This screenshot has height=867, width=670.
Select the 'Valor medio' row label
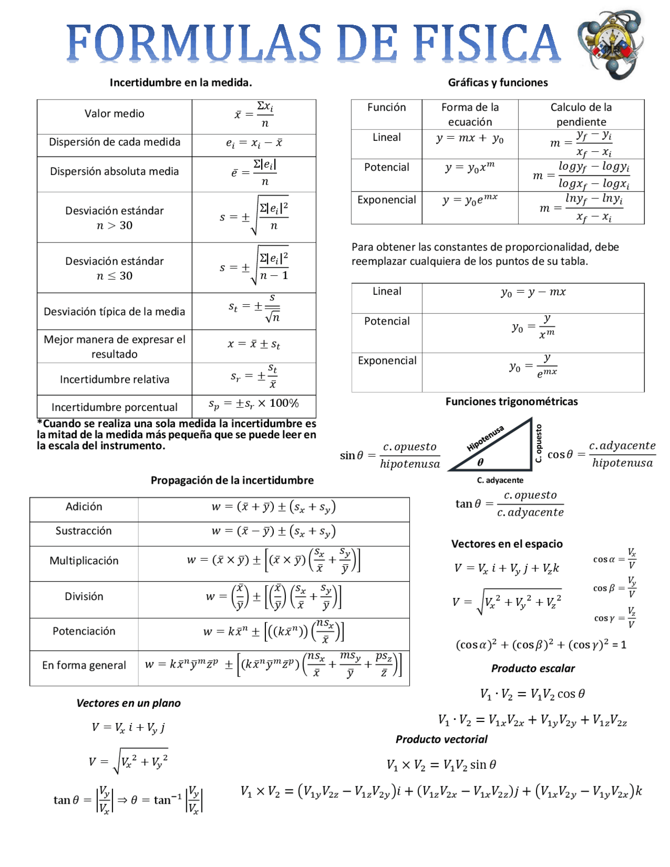(x=114, y=114)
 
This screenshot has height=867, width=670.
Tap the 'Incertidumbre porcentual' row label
(x=114, y=407)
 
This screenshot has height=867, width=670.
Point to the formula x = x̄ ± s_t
(x=254, y=344)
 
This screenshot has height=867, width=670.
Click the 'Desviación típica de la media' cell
(x=114, y=312)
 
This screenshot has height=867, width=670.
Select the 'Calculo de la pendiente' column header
(x=580, y=114)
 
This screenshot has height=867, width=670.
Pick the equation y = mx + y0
(x=470, y=139)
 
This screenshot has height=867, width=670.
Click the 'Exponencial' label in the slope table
(x=386, y=200)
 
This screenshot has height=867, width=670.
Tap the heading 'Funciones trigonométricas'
(x=511, y=402)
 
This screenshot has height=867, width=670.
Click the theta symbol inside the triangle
(x=480, y=462)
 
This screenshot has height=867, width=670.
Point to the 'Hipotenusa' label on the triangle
(x=485, y=438)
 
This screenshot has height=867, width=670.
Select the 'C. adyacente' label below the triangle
(x=500, y=480)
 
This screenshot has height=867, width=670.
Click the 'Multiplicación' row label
(x=84, y=561)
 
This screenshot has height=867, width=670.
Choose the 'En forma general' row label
(x=84, y=665)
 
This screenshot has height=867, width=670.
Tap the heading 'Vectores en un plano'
(x=128, y=703)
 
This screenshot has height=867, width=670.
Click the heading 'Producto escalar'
(x=532, y=669)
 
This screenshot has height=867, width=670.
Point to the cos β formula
(x=614, y=587)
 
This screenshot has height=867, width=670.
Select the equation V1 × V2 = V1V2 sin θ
(x=441, y=765)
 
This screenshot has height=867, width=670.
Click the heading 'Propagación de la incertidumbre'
(x=232, y=480)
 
